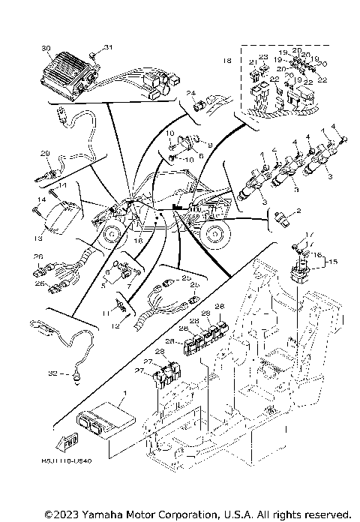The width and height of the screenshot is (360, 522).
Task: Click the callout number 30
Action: [x=46, y=49]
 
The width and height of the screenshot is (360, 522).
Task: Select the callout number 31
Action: [x=106, y=48]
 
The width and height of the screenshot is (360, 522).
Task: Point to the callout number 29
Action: [x=44, y=154]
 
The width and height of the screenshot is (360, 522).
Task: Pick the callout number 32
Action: [x=52, y=371]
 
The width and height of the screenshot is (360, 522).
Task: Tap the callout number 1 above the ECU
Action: [x=125, y=391]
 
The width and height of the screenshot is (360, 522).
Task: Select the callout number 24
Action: [x=190, y=92]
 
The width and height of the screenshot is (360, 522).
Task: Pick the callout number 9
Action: [x=210, y=145]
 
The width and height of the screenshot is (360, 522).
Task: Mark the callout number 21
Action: [x=253, y=63]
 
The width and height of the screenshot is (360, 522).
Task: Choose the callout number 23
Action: [x=263, y=57]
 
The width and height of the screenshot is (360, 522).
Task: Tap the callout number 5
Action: [x=103, y=285]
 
